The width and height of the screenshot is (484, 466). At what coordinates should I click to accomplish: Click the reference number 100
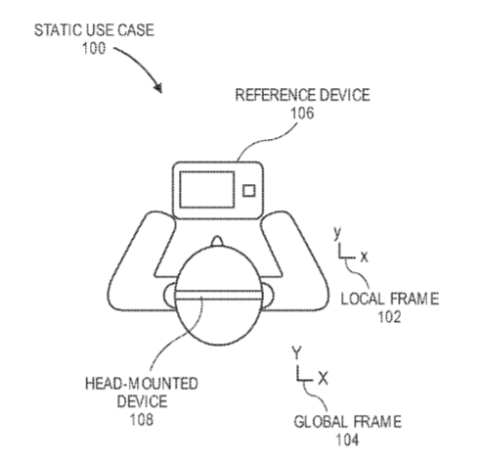[94, 48]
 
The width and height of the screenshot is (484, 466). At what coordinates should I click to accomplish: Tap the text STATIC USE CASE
[94, 30]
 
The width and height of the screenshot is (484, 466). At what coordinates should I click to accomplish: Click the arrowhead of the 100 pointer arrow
[158, 87]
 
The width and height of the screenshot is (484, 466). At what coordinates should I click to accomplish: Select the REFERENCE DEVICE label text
[302, 95]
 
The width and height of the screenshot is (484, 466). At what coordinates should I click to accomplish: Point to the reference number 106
[302, 114]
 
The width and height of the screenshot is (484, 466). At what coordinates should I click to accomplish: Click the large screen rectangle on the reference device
[207, 190]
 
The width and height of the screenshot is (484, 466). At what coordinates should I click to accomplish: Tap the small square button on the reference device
[249, 191]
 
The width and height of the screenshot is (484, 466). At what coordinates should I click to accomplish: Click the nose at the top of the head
[217, 241]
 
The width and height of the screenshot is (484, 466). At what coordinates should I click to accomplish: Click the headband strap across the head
[219, 295]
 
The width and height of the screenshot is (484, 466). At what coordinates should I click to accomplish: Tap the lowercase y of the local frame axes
[337, 233]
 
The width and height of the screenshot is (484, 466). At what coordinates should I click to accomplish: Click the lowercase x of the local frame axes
[364, 257]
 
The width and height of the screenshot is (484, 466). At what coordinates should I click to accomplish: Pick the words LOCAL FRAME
[389, 299]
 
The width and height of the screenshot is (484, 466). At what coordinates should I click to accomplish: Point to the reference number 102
[389, 317]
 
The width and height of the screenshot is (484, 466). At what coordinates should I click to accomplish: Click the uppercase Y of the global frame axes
[296, 353]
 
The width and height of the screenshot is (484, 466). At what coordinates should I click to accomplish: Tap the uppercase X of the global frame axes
[323, 379]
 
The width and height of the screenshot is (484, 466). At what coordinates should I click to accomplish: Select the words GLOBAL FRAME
[347, 422]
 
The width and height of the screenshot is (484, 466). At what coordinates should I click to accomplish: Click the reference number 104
[347, 440]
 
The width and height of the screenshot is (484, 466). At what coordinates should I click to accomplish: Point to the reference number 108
[142, 420]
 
